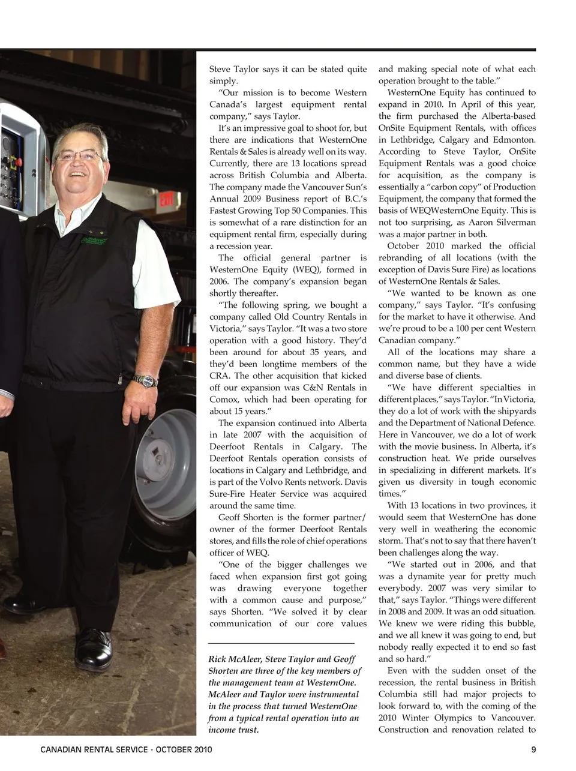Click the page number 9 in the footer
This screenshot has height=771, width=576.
533,749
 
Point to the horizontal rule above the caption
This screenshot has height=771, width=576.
281,644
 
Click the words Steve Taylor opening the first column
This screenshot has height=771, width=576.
234,69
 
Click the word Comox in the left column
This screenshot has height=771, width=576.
222,400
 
